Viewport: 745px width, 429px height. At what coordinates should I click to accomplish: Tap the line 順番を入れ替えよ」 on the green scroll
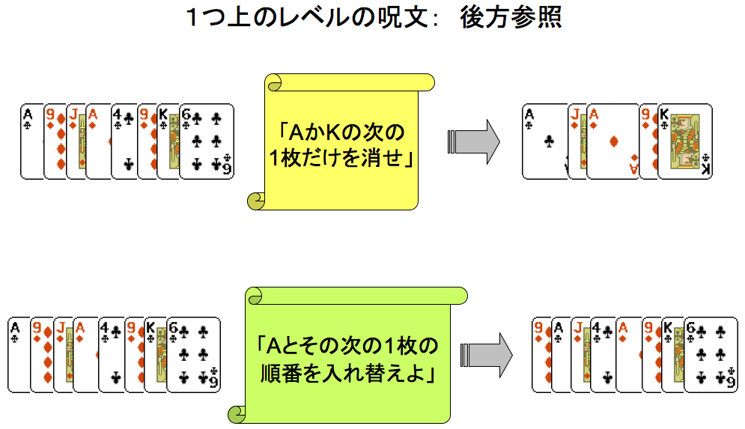pyautogui.click(x=350, y=372)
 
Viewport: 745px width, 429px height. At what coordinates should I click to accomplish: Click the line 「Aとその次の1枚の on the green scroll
pyautogui.click(x=350, y=347)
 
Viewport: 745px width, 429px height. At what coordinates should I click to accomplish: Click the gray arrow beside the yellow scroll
pyautogui.click(x=473, y=141)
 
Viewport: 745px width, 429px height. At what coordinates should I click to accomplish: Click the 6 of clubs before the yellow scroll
pyautogui.click(x=207, y=142)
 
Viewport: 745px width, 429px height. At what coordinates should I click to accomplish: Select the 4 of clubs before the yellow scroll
pyautogui.click(x=124, y=142)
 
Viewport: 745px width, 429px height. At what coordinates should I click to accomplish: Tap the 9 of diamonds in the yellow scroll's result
pyautogui.click(x=647, y=142)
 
